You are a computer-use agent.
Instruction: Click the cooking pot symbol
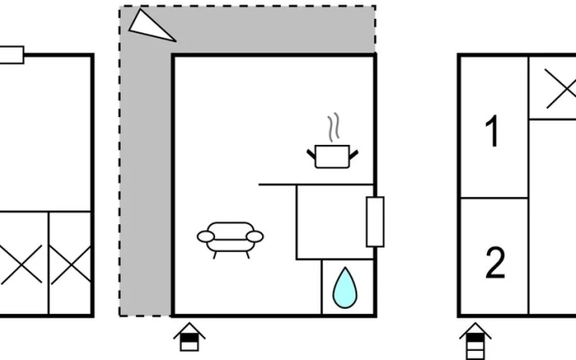click(x=332, y=157)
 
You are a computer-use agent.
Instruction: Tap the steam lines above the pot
click(x=334, y=128)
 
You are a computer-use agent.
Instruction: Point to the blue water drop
click(x=345, y=288)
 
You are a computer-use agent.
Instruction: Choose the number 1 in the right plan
click(x=491, y=131)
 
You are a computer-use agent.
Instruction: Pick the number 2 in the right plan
click(x=495, y=263)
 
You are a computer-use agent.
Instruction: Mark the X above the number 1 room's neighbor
click(x=561, y=88)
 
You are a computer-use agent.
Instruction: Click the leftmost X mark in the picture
click(x=21, y=265)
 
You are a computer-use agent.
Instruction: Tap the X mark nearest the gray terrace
click(x=71, y=265)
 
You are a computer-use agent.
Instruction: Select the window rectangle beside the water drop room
click(x=375, y=222)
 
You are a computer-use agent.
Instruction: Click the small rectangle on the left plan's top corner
click(x=12, y=55)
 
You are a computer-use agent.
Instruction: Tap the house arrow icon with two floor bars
click(x=189, y=337)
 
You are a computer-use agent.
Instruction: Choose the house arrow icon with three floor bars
click(x=475, y=341)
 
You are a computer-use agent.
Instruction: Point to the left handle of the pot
click(x=311, y=154)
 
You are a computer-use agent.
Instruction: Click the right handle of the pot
click(x=354, y=154)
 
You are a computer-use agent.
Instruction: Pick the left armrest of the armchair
click(x=206, y=237)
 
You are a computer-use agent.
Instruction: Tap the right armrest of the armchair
click(x=255, y=237)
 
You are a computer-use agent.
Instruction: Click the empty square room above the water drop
click(x=335, y=222)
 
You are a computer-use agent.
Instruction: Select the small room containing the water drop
click(x=348, y=287)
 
